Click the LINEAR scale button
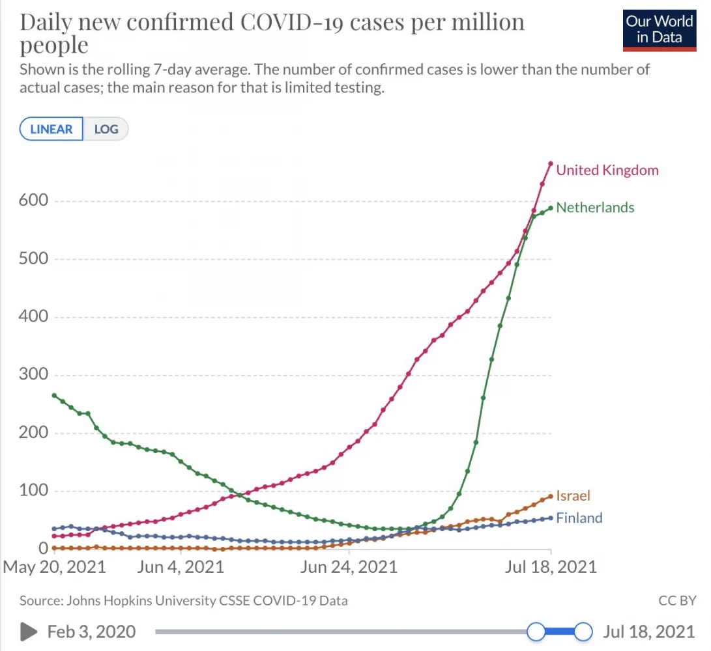pyautogui.click(x=51, y=129)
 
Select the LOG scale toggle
pyautogui.click(x=106, y=129)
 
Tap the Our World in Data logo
pyautogui.click(x=659, y=29)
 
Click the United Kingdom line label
pyautogui.click(x=607, y=171)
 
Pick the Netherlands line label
pyautogui.click(x=595, y=208)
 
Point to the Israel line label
pyautogui.click(x=573, y=496)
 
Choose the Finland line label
pyautogui.click(x=579, y=518)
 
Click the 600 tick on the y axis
pyautogui.click(x=33, y=201)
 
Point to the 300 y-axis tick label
pyautogui.click(x=33, y=374)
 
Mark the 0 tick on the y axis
pyautogui.click(x=43, y=549)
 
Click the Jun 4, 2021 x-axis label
pyautogui.click(x=181, y=566)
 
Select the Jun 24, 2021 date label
pyautogui.click(x=349, y=566)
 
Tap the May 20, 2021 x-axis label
pyautogui.click(x=55, y=566)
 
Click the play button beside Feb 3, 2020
pyautogui.click(x=28, y=631)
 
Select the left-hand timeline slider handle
pyautogui.click(x=536, y=631)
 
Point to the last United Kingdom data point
pyautogui.click(x=551, y=164)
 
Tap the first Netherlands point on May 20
pyautogui.click(x=54, y=395)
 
